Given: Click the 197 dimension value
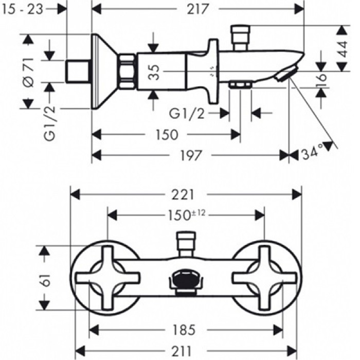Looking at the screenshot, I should coord(189,154).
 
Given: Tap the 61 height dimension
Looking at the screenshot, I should coord(46,279).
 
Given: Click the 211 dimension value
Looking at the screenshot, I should coord(187,351).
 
